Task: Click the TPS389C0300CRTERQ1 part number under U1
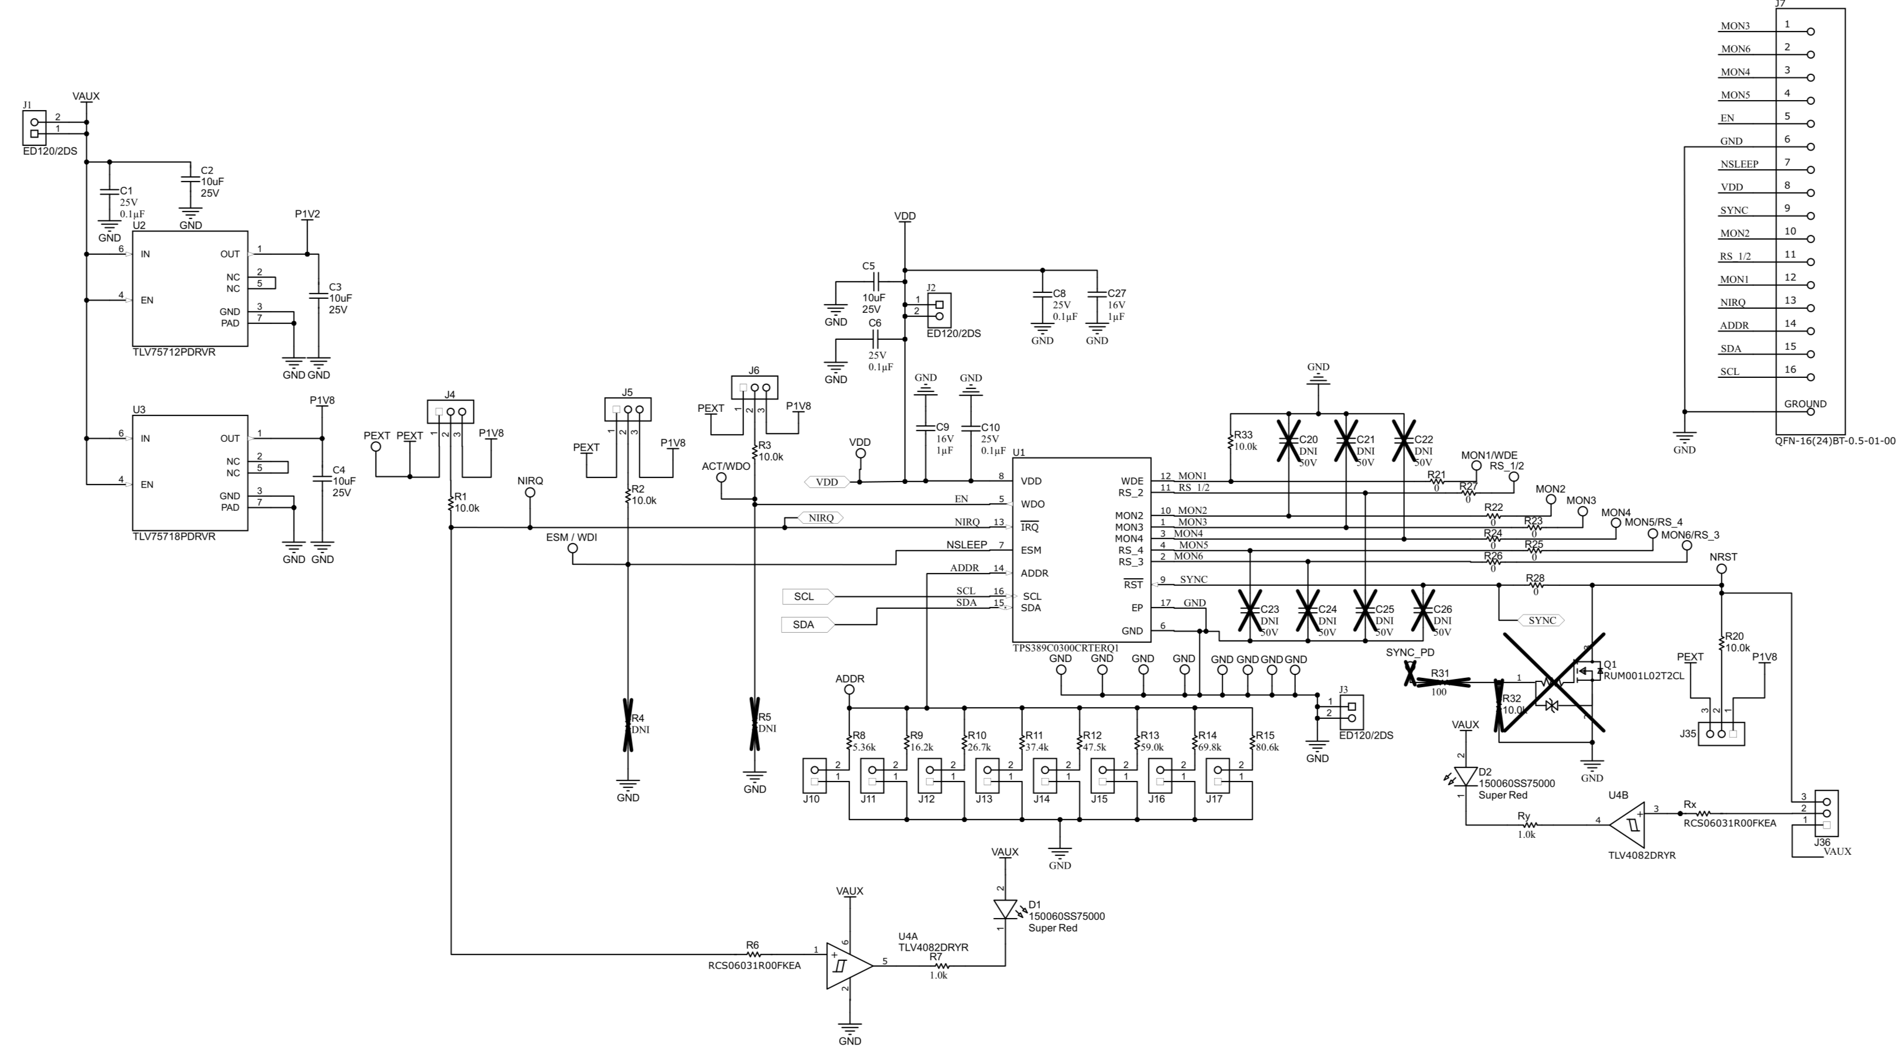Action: [1066, 648]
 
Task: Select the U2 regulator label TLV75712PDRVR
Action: [173, 352]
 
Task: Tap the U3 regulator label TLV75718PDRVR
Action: [173, 537]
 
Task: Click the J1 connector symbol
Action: [34, 128]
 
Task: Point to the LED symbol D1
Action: [1005, 908]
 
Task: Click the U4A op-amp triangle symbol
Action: [848, 965]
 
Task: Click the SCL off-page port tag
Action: [807, 596]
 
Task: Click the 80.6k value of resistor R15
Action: [1267, 746]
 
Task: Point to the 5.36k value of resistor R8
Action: [864, 746]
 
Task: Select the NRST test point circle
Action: [1721, 569]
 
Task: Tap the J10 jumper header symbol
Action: [814, 776]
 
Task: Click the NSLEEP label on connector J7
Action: [1738, 165]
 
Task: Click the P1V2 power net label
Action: [308, 214]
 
